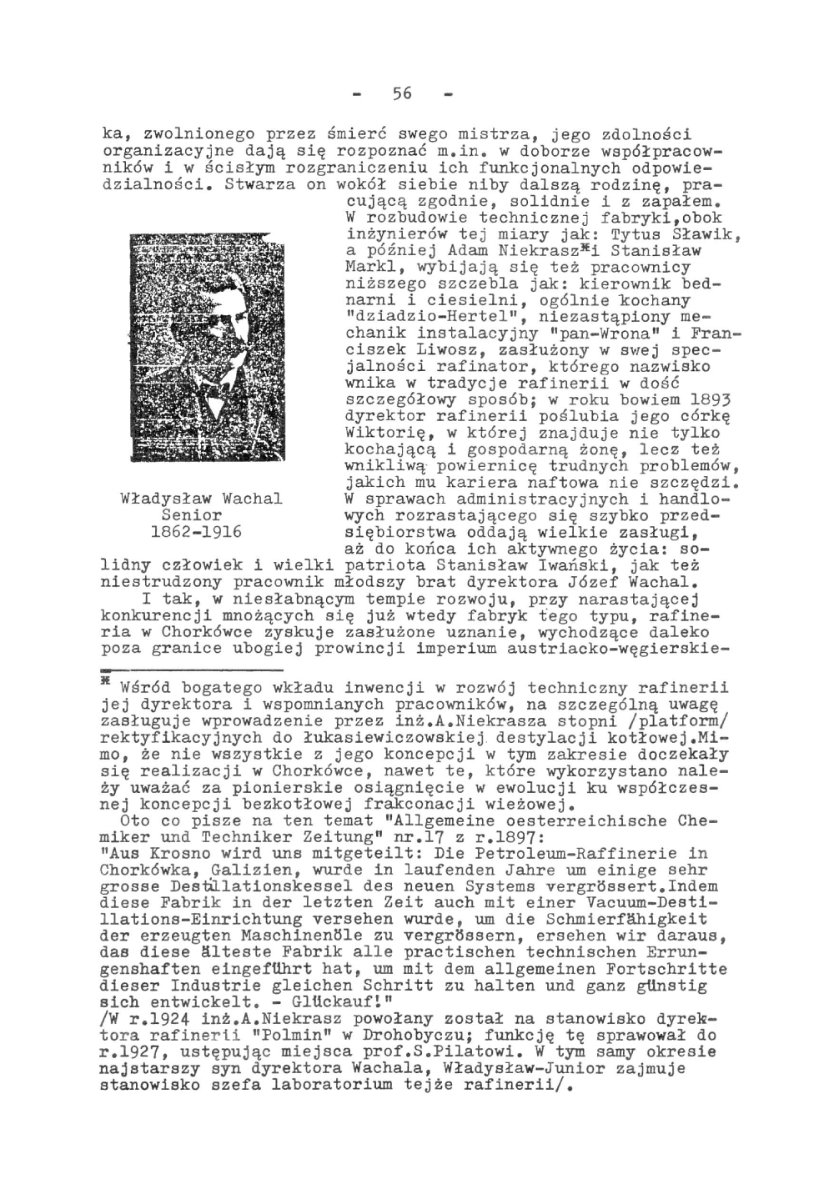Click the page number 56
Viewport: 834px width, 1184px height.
coord(402,93)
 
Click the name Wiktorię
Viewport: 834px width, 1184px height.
coord(385,433)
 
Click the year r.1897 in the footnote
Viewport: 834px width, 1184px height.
coord(507,837)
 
